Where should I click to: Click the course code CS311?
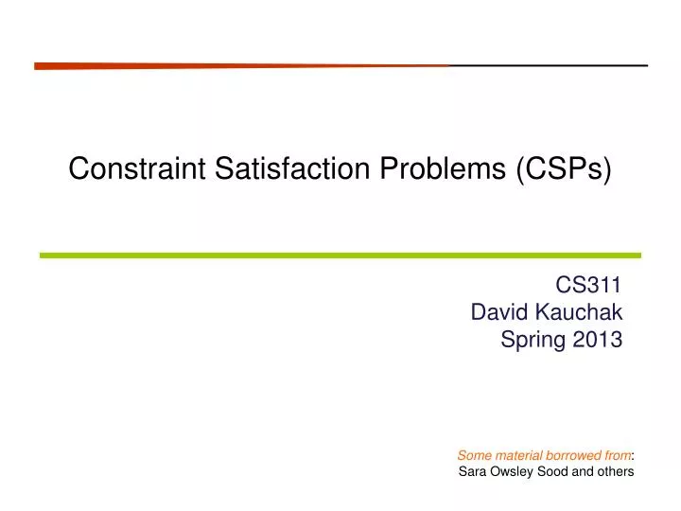coord(589,284)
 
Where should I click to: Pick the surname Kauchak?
coord(578,312)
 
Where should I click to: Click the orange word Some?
coord(472,455)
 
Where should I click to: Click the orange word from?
coord(617,455)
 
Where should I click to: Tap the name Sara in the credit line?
coord(470,471)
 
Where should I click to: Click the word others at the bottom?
coord(616,471)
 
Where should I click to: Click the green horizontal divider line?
coord(340,255)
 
